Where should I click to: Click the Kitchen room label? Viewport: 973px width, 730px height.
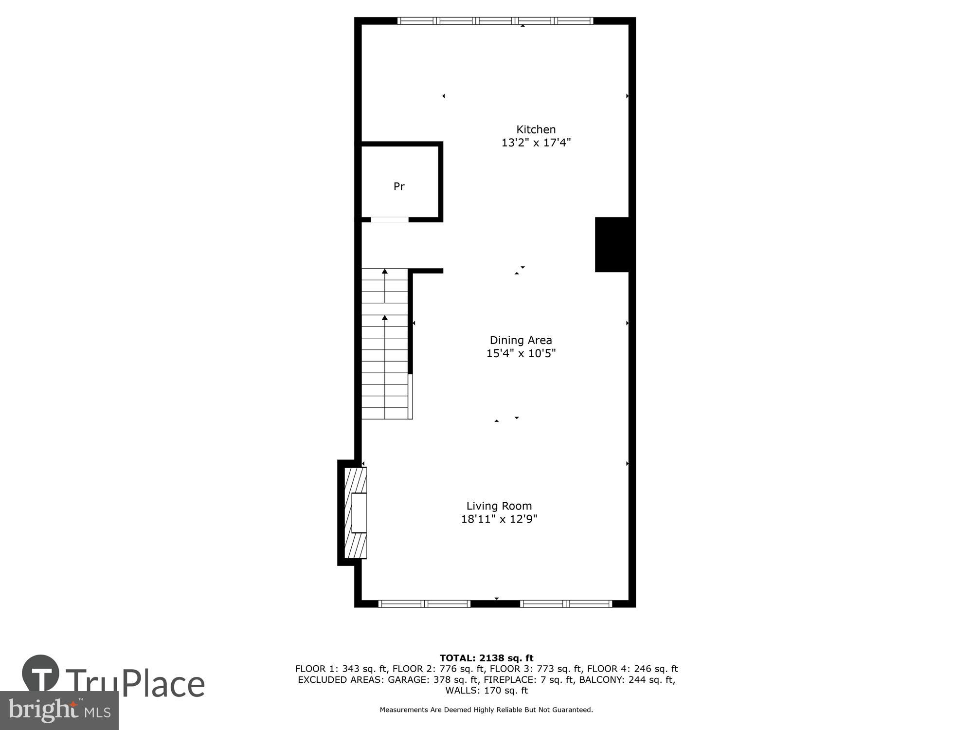(536, 129)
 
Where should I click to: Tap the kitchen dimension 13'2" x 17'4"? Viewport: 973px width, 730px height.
(536, 143)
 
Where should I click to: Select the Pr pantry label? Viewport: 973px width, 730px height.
(399, 186)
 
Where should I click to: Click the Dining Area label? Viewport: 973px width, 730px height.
(521, 340)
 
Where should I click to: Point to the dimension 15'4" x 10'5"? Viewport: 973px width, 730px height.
(521, 353)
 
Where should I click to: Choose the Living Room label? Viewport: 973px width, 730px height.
(499, 506)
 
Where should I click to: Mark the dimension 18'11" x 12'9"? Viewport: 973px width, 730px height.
(499, 519)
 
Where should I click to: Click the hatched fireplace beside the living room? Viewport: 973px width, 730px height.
(356, 513)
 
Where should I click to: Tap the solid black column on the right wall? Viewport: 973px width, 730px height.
(612, 244)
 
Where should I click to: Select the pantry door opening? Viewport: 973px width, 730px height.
(389, 219)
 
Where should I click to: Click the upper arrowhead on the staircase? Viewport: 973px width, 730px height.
(385, 271)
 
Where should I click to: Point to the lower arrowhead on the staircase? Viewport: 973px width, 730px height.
(385, 318)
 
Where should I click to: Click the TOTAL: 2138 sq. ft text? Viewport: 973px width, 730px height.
(486, 658)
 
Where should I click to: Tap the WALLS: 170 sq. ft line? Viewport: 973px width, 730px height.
(486, 691)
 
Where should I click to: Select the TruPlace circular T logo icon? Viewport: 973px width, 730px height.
(41, 674)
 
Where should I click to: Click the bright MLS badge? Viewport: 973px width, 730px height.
(59, 711)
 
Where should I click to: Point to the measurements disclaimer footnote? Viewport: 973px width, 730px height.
(486, 710)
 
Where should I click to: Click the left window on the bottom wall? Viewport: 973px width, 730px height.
(424, 604)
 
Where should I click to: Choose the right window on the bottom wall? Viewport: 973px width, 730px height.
(566, 604)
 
